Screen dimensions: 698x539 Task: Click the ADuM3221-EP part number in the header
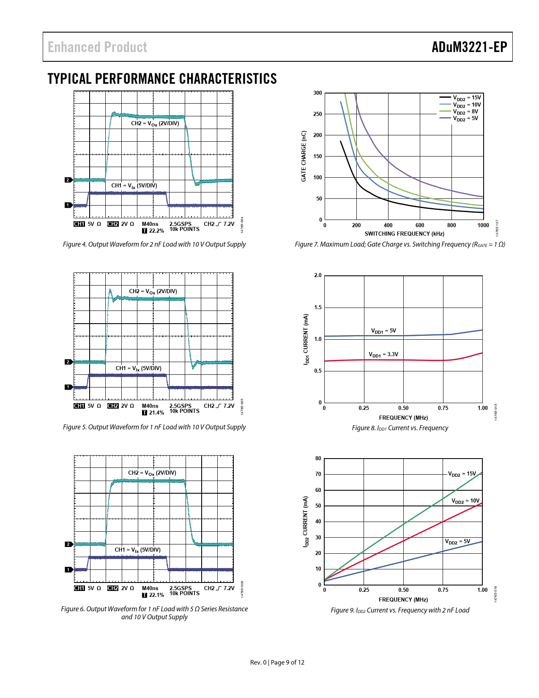(469, 47)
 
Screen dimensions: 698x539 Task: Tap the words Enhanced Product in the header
(97, 47)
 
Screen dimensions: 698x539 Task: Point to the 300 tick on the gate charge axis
(317, 93)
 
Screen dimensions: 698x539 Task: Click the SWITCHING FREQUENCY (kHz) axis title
(404, 234)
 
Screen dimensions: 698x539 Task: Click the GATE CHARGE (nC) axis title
(304, 156)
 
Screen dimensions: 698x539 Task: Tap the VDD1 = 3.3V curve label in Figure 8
(383, 354)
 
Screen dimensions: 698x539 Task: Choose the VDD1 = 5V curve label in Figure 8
(383, 331)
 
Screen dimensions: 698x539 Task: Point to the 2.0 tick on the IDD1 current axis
(317, 275)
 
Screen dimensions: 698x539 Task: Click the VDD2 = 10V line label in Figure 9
(465, 501)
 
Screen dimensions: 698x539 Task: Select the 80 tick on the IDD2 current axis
(318, 459)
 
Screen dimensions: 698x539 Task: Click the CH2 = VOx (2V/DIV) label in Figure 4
(155, 124)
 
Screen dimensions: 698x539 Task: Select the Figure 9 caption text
(400, 610)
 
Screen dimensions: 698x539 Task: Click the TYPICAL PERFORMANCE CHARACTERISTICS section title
(162, 79)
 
